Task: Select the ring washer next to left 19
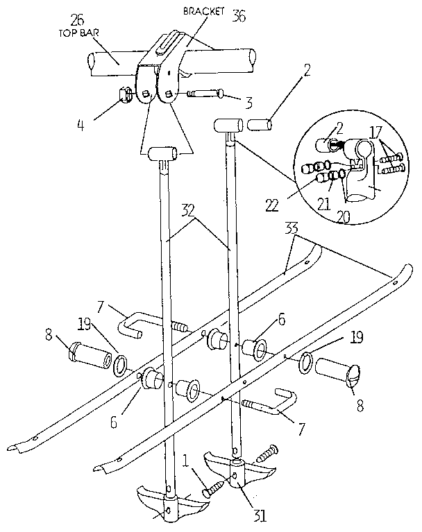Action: click(120, 363)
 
